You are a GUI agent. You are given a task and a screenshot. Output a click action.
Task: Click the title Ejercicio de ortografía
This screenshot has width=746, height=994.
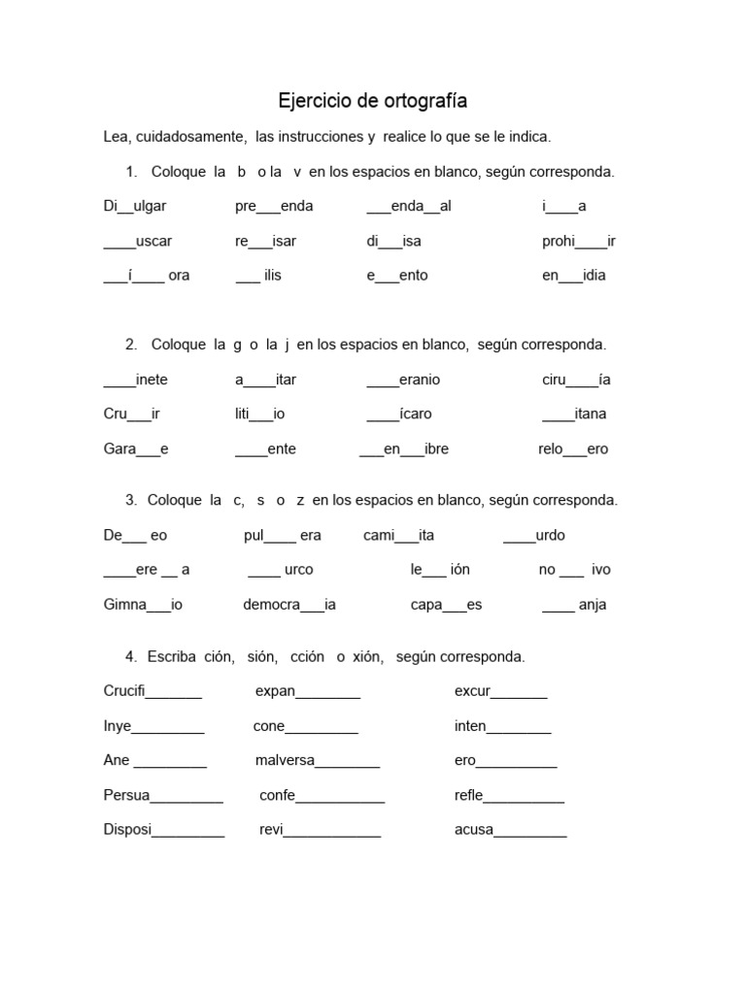coord(373,101)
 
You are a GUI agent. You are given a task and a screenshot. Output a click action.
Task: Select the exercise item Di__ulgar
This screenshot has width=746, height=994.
coord(137,206)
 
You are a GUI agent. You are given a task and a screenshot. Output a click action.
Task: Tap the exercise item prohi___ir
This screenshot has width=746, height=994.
coord(578,241)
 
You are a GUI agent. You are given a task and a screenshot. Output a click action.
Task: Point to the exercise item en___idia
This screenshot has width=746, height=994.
coord(573,275)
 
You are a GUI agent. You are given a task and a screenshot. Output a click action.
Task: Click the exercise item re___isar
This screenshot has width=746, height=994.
coord(265,241)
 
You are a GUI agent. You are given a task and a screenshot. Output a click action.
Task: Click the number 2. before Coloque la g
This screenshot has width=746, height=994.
coord(131,345)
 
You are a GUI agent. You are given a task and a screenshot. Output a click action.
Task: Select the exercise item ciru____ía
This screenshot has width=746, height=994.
coord(576,380)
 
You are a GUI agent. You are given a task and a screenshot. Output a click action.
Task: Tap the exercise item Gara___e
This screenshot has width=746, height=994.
coord(136,448)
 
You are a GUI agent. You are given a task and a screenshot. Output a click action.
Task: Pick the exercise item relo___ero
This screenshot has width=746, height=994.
coord(573,448)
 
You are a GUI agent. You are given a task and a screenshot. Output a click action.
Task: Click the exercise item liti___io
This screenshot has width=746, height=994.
coord(259,414)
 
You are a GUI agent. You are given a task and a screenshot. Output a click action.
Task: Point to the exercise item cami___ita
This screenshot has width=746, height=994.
coord(398,535)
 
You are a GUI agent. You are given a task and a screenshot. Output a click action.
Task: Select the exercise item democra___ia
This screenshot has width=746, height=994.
coord(288,605)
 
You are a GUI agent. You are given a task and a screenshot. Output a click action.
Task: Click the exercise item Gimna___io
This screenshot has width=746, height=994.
coord(143,605)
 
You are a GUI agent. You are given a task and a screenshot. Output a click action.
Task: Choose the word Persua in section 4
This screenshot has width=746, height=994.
coord(126,796)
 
